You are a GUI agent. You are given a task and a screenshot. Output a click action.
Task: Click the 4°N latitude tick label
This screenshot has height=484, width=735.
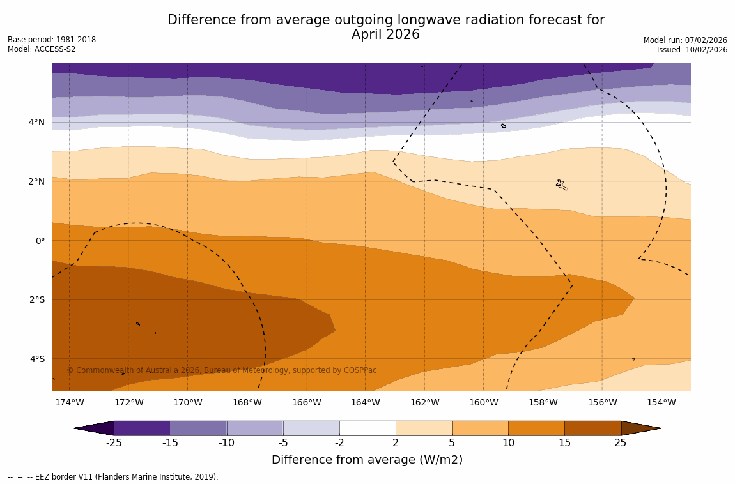tap(36, 123)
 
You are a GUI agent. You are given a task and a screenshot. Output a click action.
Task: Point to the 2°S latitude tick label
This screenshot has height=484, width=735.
tap(36, 300)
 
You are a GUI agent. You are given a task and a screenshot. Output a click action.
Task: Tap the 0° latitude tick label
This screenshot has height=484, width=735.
tap(40, 241)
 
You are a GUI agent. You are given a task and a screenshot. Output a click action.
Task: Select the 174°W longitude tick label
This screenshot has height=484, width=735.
tap(69, 403)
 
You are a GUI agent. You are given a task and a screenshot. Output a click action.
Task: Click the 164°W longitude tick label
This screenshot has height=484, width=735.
tap(365, 403)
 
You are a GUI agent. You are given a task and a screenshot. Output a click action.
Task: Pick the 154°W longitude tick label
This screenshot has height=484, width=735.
tap(661, 403)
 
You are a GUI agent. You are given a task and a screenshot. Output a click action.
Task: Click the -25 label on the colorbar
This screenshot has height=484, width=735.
tap(114, 443)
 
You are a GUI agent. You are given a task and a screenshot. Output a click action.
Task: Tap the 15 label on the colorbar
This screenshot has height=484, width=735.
tap(564, 443)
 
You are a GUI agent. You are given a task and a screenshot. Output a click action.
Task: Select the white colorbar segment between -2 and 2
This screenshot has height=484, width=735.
tap(367, 428)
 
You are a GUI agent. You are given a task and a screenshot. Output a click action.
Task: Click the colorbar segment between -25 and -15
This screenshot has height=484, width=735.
tap(142, 428)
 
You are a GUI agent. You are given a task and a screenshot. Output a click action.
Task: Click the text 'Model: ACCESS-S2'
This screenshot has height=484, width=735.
tap(42, 49)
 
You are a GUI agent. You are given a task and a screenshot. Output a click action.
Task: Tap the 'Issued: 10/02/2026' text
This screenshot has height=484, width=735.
tap(692, 50)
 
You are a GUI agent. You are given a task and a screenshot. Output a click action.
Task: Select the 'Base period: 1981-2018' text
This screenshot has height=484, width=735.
tap(52, 40)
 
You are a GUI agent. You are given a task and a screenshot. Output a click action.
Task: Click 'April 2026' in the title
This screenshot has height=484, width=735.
tap(385, 35)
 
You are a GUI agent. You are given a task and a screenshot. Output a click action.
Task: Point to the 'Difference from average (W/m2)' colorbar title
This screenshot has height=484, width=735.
tap(367, 460)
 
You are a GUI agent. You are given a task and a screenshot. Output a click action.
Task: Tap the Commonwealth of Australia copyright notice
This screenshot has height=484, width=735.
tap(222, 370)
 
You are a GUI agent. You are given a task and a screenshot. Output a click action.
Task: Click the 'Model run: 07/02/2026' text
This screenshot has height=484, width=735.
tap(685, 40)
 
